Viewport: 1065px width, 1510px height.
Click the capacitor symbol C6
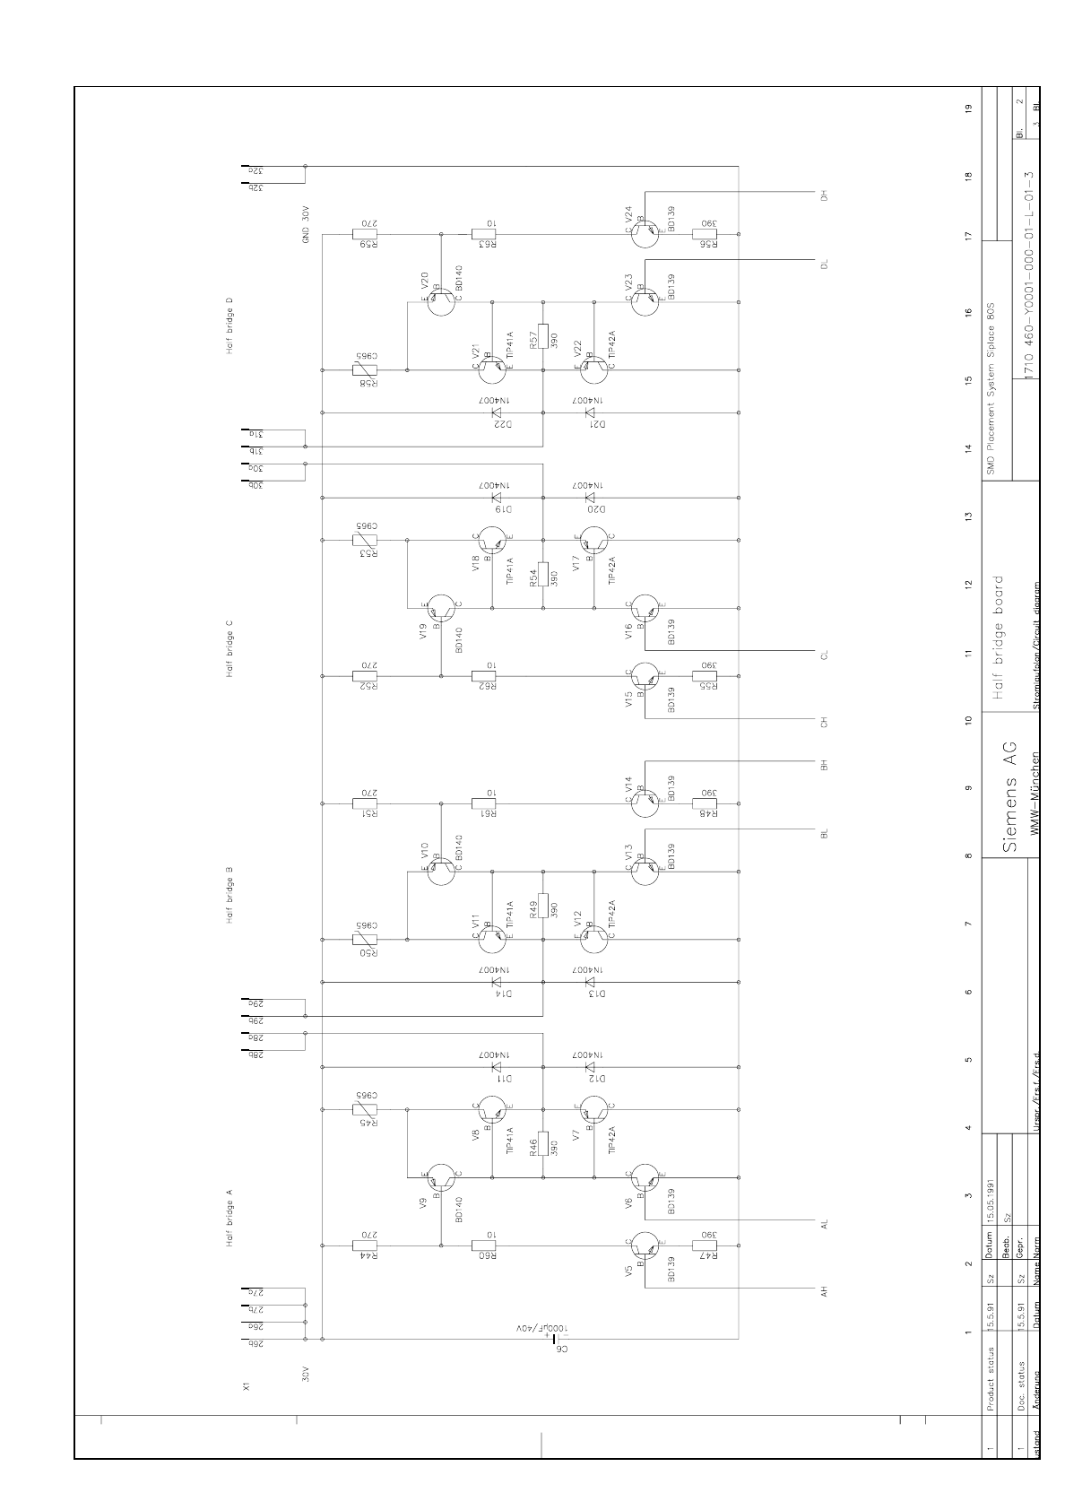coord(544,1339)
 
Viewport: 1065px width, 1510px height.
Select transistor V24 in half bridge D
coord(644,234)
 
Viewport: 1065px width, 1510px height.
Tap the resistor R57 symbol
coord(543,335)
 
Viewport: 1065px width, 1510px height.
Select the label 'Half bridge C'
coord(229,647)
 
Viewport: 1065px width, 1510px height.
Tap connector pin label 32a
coord(254,169)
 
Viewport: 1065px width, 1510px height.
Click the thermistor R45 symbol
coord(365,1109)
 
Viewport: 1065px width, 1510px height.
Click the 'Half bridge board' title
coord(1005,638)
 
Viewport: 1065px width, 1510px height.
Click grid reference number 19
coord(967,108)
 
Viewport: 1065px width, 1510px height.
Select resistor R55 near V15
coord(706,676)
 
